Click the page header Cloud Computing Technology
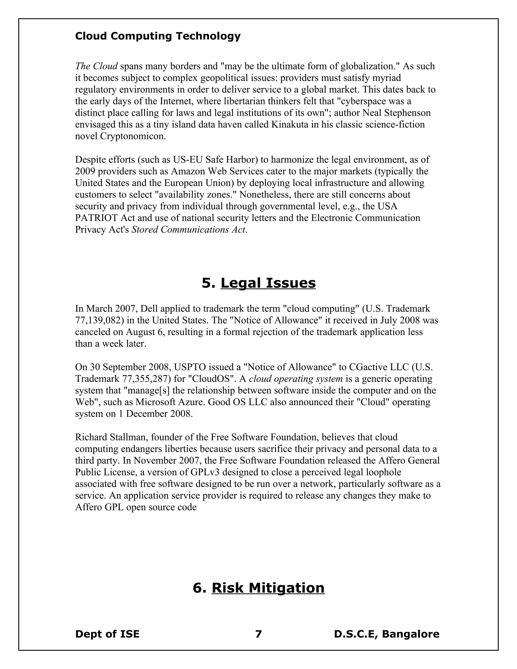(x=158, y=36)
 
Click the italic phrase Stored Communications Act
(x=188, y=230)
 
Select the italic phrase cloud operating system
(x=296, y=379)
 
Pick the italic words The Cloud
(x=96, y=66)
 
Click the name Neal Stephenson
(x=396, y=113)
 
